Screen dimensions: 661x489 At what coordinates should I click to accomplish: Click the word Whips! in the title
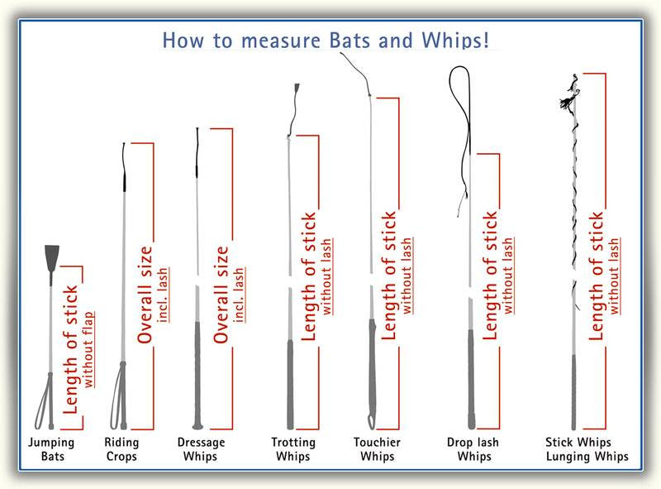coord(455,40)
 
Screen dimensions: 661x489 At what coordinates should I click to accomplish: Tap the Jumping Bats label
coord(51,449)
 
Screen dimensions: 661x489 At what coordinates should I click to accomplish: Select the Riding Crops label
coord(121,449)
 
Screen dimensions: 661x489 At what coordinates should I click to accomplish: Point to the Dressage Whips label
coord(201,449)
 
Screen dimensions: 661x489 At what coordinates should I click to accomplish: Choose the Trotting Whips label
coord(293,449)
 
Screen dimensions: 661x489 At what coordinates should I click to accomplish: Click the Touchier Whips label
coord(377,449)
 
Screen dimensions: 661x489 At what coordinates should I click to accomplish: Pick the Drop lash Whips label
coord(473,449)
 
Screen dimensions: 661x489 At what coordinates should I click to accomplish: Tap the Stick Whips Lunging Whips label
coord(587,449)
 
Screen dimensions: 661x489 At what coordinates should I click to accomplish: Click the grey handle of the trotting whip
coord(290,384)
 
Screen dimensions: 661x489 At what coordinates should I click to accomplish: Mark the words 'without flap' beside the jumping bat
coord(88,349)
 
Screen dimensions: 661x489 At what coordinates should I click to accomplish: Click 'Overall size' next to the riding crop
coord(145,295)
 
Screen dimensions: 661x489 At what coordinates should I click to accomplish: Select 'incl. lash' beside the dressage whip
coord(240,295)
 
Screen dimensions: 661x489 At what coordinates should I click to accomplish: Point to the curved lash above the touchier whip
coord(357,73)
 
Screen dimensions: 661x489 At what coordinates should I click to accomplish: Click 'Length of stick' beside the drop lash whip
coord(489,276)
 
